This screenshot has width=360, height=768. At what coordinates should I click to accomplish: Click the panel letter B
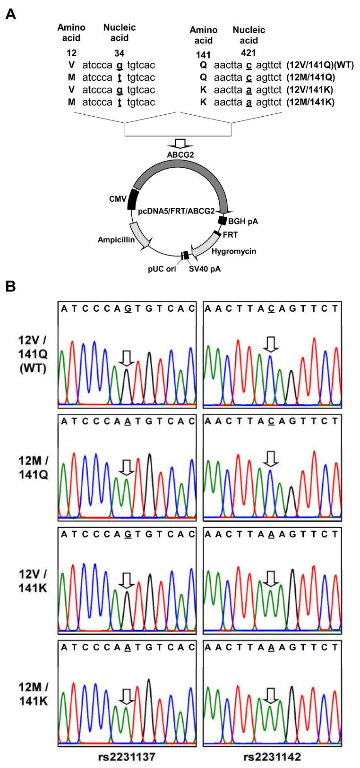pos(11,286)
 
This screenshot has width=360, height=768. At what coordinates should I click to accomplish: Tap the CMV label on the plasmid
pos(119,199)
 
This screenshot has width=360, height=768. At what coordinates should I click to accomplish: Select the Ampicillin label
pos(116,240)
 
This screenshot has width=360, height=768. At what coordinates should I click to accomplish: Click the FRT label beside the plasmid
pos(230,235)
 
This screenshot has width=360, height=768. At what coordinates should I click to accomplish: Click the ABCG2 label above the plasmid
pos(180,154)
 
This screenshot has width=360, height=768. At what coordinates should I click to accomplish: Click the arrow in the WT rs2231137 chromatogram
pos(127,358)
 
